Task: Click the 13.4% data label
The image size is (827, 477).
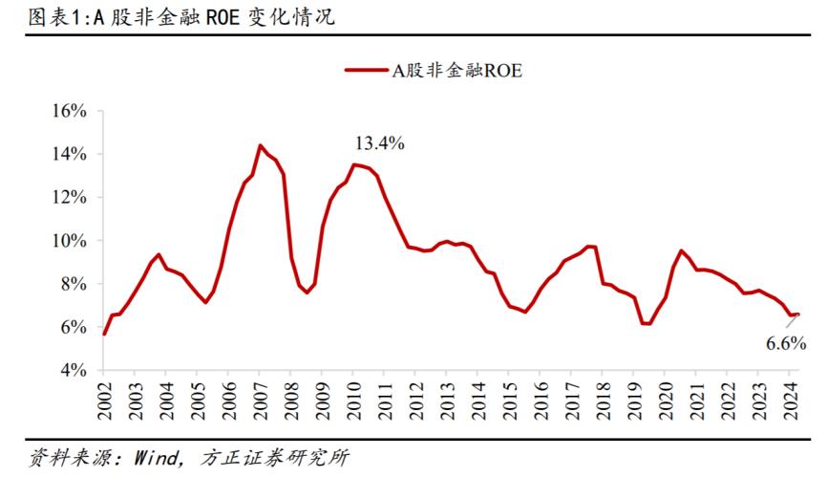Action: pyautogui.click(x=380, y=143)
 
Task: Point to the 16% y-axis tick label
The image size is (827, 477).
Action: pyautogui.click(x=68, y=111)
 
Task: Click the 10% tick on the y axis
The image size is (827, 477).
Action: pyautogui.click(x=68, y=240)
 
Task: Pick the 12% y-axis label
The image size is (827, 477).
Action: pyautogui.click(x=68, y=197)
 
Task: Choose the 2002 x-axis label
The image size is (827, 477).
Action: pyautogui.click(x=104, y=402)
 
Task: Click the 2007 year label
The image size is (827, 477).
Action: pyautogui.click(x=259, y=402)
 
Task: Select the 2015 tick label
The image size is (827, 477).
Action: pyautogui.click(x=507, y=402)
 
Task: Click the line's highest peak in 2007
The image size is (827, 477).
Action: pyautogui.click(x=260, y=145)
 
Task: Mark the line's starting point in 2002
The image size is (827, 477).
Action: pyautogui.click(x=104, y=334)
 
